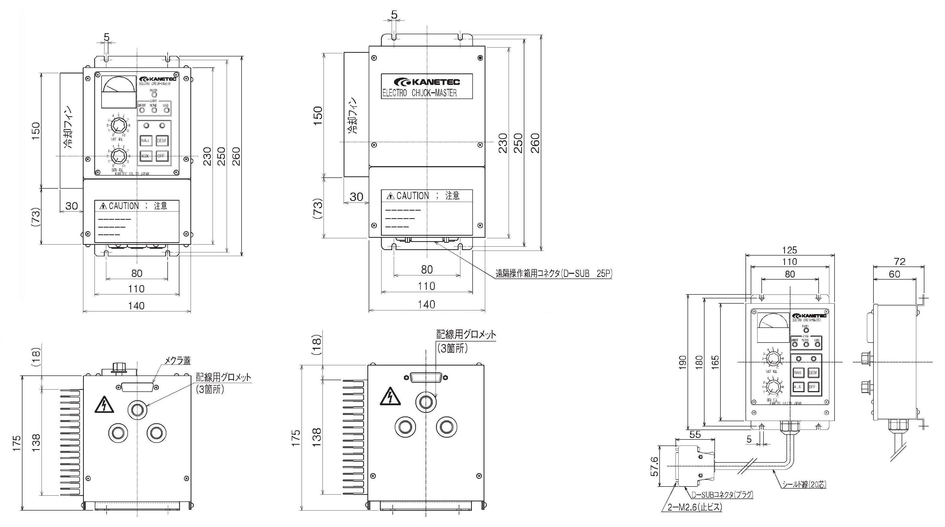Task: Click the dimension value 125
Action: (789, 250)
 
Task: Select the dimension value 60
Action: (894, 274)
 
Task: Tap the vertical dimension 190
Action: (682, 362)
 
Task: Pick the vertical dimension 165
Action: (715, 362)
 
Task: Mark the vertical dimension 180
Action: (699, 362)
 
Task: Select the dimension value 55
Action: (695, 435)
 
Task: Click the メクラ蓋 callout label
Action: (177, 361)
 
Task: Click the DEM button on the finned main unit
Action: (161, 141)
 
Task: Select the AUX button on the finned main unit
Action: (145, 156)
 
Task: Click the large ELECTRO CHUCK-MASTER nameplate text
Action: (419, 93)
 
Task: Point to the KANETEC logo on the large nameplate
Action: (427, 82)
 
